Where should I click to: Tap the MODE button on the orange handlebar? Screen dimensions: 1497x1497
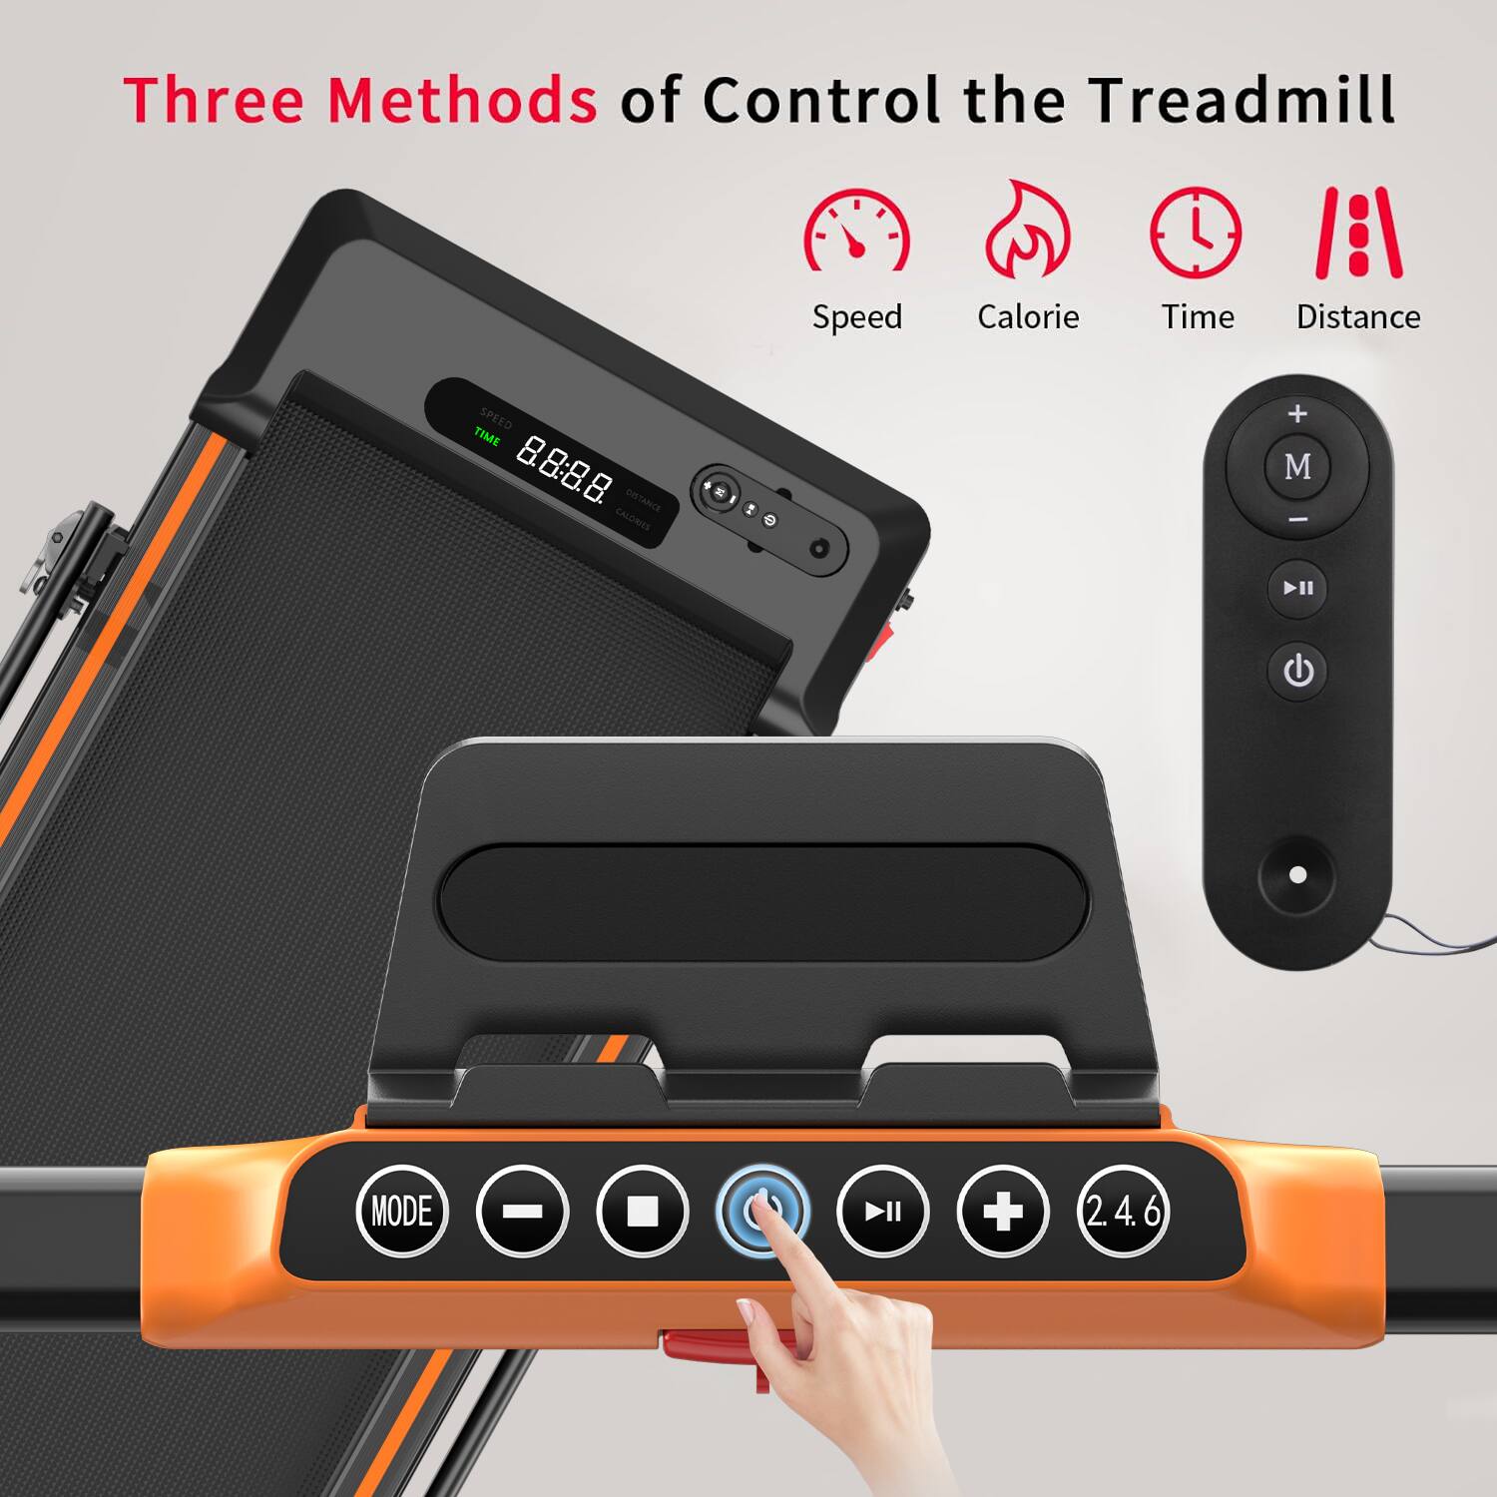pos(402,1211)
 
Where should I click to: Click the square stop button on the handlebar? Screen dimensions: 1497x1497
pos(642,1211)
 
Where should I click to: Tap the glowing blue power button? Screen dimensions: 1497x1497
pos(762,1209)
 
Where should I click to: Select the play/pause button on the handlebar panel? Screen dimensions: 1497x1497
pos(882,1211)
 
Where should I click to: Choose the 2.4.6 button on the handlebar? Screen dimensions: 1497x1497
pos(1123,1211)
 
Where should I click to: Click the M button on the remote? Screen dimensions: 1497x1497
pos(1297,466)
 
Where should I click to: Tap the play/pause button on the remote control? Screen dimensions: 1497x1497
pos(1297,588)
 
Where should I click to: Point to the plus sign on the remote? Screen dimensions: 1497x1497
pos(1297,413)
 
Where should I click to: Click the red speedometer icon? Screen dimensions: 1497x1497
pos(856,232)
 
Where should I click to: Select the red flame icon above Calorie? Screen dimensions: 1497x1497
pos(1027,232)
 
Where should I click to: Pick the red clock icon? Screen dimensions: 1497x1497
pos(1196,232)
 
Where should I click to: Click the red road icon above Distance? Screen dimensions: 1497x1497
pos(1358,232)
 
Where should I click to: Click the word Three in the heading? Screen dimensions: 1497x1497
pos(214,100)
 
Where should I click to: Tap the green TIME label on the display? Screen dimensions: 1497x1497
pos(487,436)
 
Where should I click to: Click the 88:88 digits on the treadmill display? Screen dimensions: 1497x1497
pos(563,469)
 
